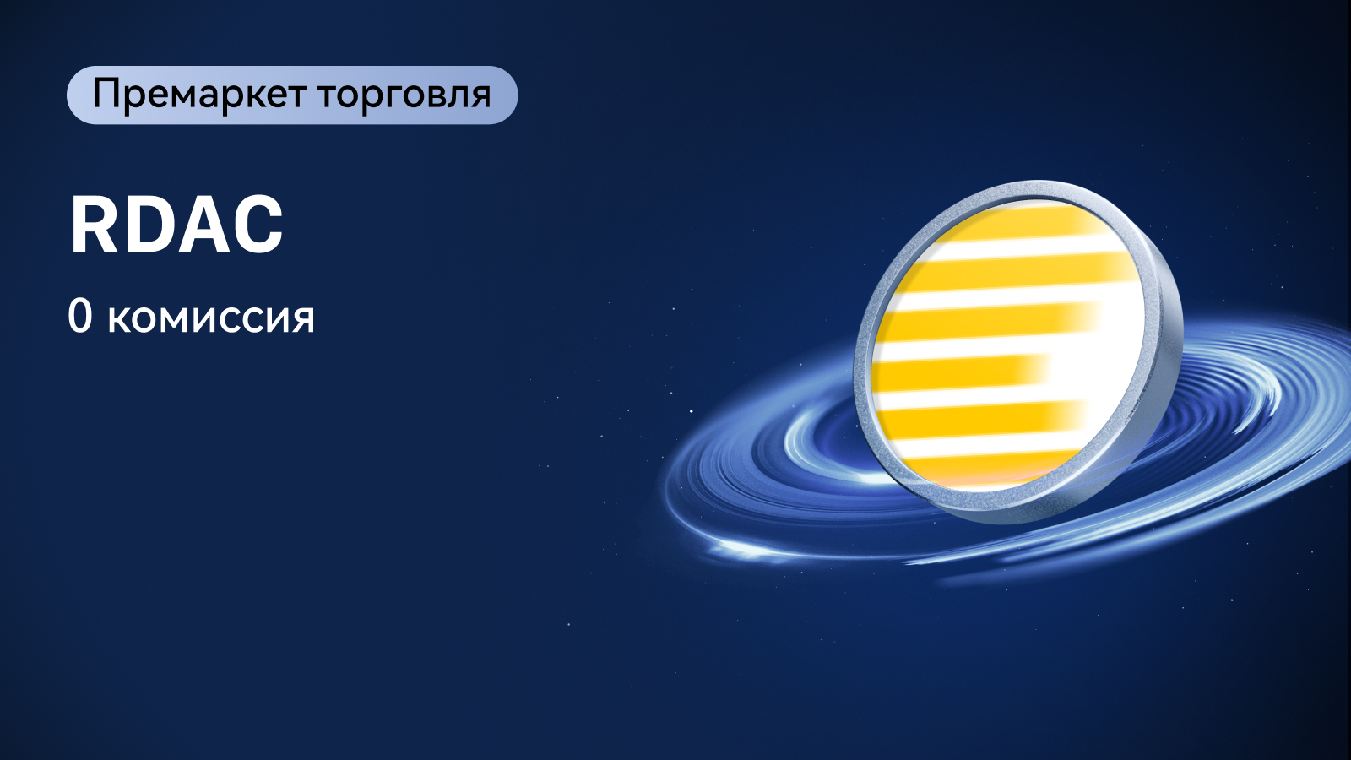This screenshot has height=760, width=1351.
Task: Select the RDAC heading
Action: click(176, 225)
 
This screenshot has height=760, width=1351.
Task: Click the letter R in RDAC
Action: click(95, 225)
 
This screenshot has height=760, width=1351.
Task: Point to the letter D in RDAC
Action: click(147, 225)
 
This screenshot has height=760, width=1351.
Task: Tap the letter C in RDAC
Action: click(257, 225)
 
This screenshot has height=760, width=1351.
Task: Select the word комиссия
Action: click(211, 319)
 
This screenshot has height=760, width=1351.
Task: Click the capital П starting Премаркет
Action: click(106, 94)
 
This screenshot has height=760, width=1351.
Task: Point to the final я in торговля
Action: click(480, 97)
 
